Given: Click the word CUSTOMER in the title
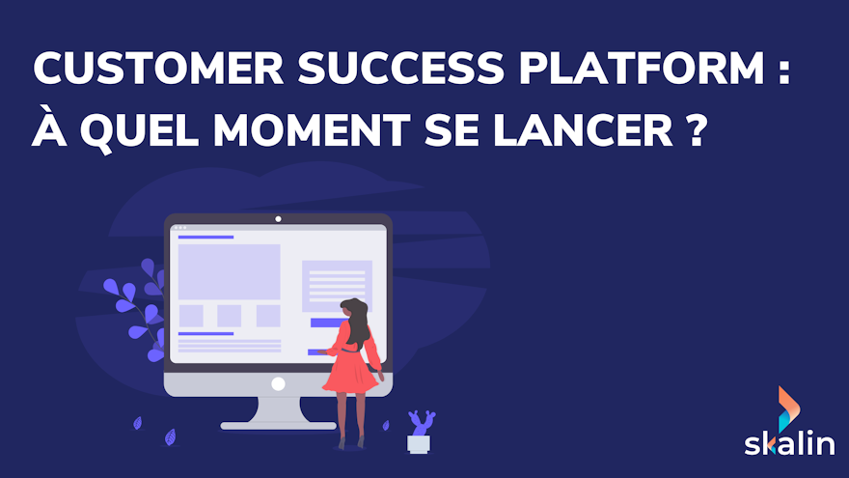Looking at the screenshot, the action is pos(158,69).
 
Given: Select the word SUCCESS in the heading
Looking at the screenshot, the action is pos(401,69).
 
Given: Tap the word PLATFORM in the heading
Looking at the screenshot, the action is pos(643,69).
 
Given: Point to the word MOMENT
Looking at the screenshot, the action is pos(312,129).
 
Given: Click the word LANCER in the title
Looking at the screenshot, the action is pos(583,129).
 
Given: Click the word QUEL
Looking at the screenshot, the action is pos(139,131).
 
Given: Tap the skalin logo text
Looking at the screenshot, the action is pos(789,441).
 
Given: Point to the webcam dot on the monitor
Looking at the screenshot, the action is pos(278,219).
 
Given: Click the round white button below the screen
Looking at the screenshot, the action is pos(278,384).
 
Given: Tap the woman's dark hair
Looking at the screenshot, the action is pos(357,322).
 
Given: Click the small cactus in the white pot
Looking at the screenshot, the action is pos(422,423).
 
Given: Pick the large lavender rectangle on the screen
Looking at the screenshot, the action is pos(229,272).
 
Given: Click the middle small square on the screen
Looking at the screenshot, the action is pos(229,316).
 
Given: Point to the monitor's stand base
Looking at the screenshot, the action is pos(278,426).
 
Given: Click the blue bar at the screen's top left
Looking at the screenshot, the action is pos(205,237).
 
